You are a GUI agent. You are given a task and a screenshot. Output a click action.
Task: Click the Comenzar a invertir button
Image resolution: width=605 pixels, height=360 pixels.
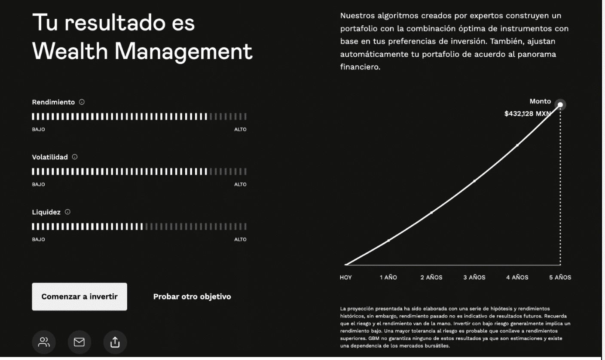pyautogui.click(x=79, y=296)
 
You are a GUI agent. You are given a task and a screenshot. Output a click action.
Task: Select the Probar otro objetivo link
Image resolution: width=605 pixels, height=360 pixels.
pyautogui.click(x=192, y=296)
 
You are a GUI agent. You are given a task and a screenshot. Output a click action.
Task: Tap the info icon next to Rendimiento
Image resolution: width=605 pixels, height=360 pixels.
pyautogui.click(x=82, y=102)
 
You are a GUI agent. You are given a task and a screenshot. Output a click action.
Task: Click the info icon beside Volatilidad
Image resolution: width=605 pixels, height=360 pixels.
pyautogui.click(x=75, y=157)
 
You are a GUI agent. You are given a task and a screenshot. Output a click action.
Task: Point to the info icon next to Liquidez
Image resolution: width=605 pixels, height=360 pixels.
pyautogui.click(x=67, y=212)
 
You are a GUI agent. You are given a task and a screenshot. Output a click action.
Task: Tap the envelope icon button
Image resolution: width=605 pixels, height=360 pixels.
pyautogui.click(x=79, y=342)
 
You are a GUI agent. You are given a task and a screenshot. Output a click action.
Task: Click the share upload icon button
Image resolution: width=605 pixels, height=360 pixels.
pyautogui.click(x=115, y=342)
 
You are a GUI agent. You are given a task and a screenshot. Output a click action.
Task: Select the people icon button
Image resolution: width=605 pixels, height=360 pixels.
pyautogui.click(x=44, y=342)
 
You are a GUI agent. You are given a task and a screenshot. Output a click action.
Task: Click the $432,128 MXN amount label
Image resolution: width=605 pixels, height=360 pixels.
pyautogui.click(x=527, y=114)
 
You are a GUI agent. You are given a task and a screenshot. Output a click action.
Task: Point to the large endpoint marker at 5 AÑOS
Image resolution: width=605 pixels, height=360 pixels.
pyautogui.click(x=560, y=105)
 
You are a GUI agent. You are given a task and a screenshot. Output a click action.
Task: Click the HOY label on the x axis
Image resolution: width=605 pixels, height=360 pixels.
pyautogui.click(x=345, y=278)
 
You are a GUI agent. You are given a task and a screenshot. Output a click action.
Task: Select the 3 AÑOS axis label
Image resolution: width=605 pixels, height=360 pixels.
pyautogui.click(x=474, y=278)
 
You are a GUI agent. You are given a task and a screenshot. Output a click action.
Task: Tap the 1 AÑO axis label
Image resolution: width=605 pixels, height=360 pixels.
pyautogui.click(x=388, y=278)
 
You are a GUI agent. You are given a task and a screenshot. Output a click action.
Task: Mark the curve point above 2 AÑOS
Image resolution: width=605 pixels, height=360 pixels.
pyautogui.click(x=431, y=212)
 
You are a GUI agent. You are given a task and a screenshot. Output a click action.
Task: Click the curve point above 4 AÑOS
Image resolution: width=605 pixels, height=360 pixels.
pyautogui.click(x=517, y=145)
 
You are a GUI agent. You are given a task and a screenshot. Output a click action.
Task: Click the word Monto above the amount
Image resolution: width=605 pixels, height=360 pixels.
pyautogui.click(x=540, y=101)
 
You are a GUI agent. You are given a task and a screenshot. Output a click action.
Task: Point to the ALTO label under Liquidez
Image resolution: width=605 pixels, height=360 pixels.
pyautogui.click(x=240, y=240)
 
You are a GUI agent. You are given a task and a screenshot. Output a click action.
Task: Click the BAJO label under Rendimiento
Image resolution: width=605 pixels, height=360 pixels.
pyautogui.click(x=38, y=130)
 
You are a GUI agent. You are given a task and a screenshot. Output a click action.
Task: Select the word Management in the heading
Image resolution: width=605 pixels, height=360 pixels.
pyautogui.click(x=183, y=52)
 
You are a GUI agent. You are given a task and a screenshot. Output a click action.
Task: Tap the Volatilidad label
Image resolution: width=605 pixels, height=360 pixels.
pyautogui.click(x=50, y=157)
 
